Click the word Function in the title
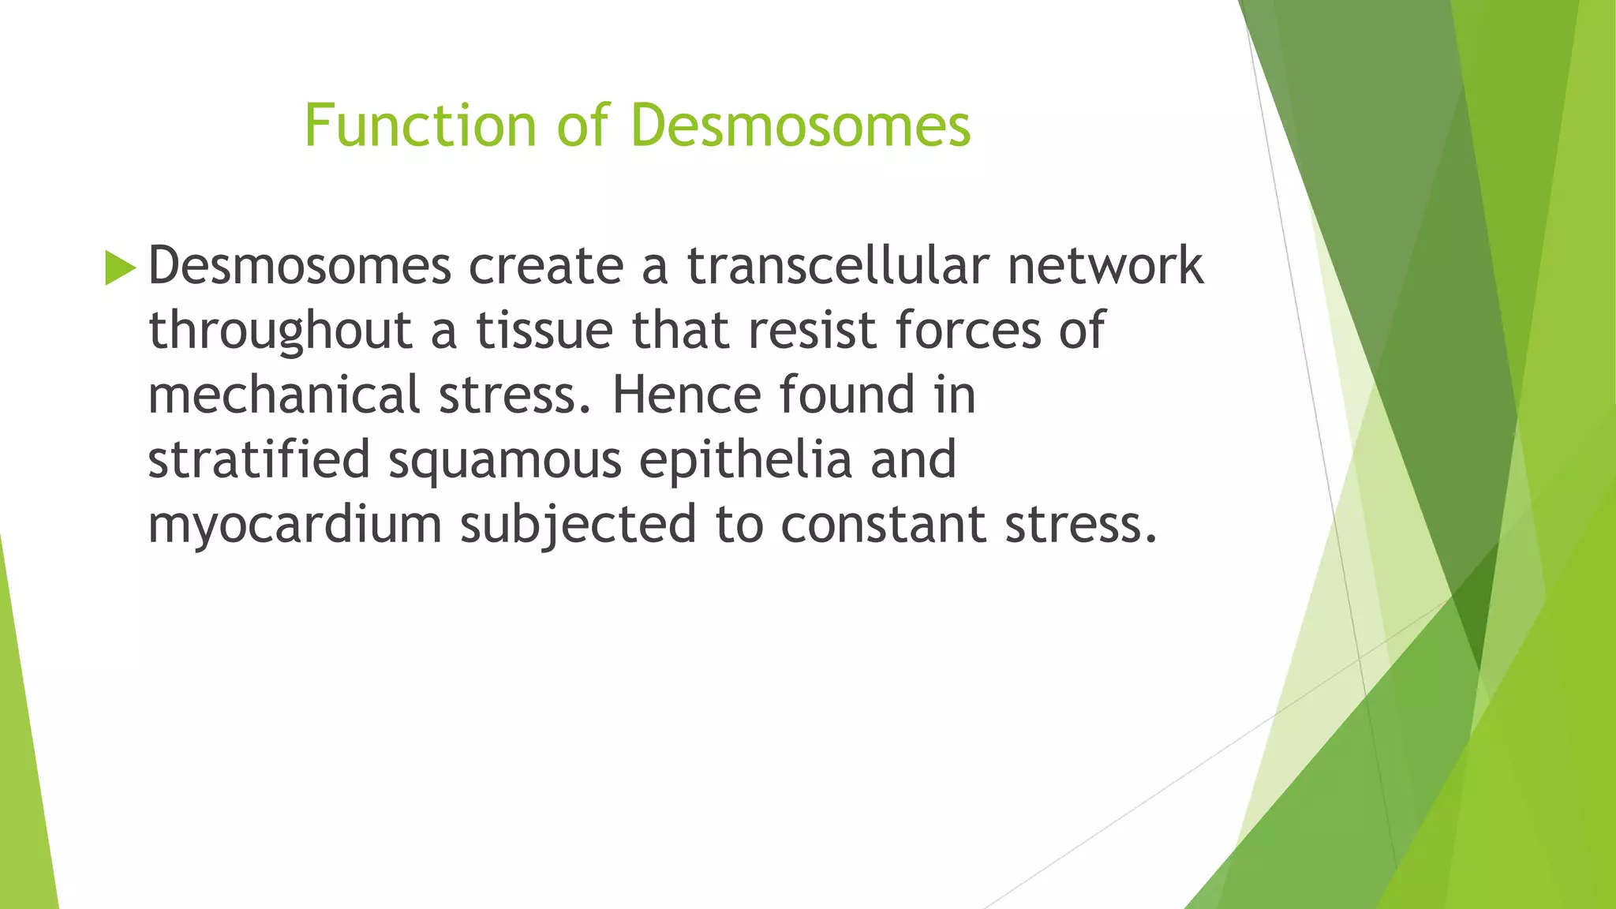click(x=420, y=125)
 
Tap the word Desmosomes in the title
click(x=800, y=125)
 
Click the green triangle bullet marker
click(x=120, y=267)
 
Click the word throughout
click(x=280, y=331)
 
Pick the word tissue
click(x=544, y=330)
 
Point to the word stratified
click(x=259, y=460)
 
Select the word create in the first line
click(x=545, y=267)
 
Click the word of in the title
click(x=582, y=125)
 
